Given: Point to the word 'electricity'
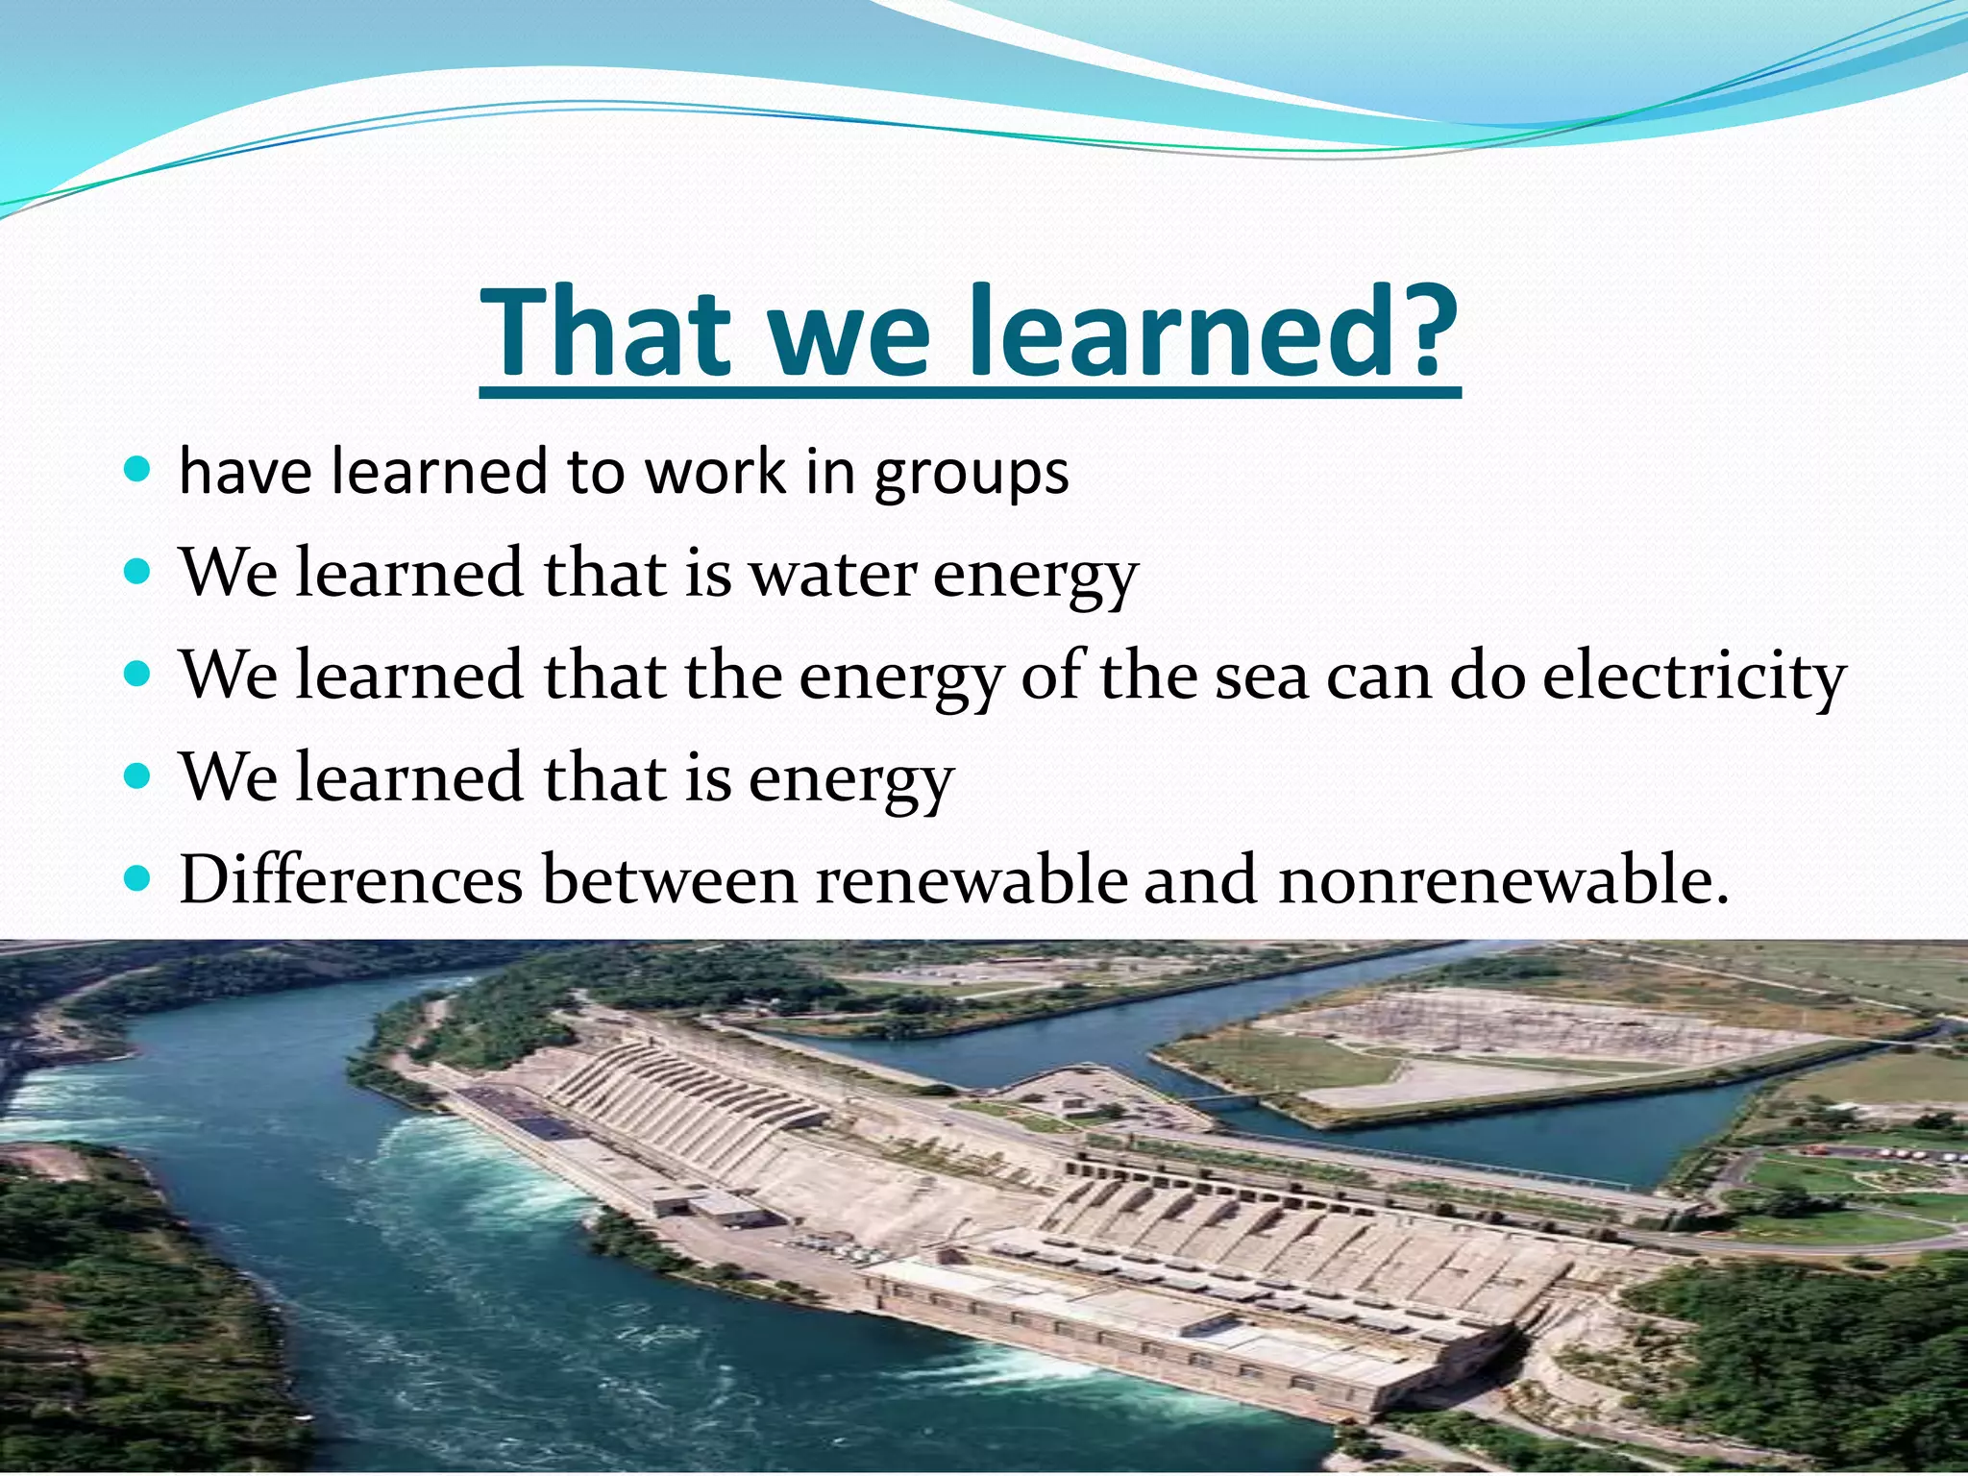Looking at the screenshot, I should coord(1693,676).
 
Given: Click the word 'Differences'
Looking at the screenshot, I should coord(351,879).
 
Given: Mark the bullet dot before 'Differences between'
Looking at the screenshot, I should coord(138,877).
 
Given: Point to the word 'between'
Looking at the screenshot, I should coord(670,880).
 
